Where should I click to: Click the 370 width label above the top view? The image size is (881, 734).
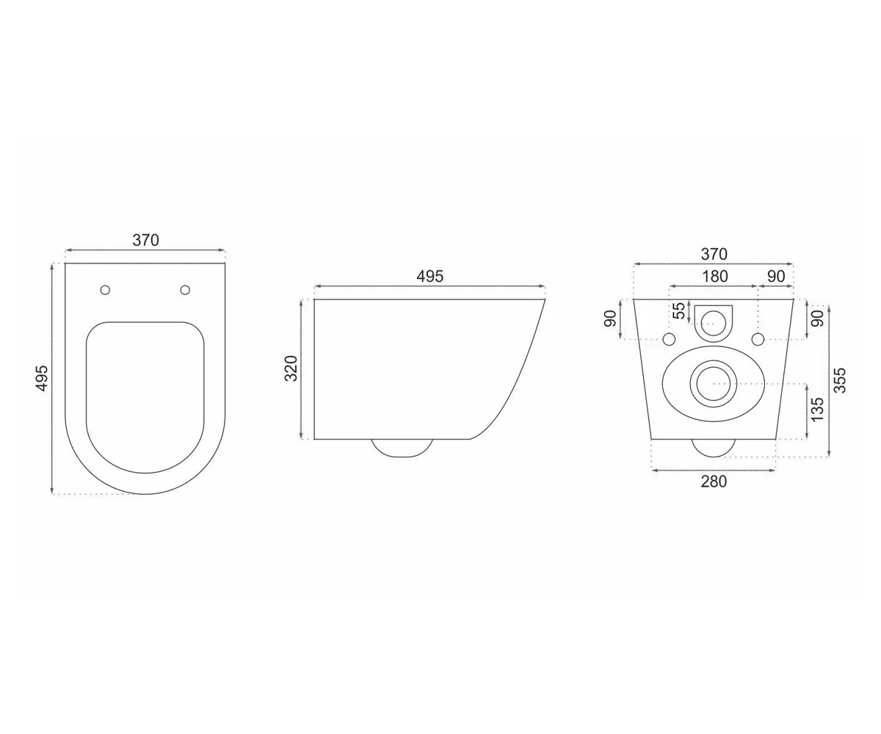(x=145, y=240)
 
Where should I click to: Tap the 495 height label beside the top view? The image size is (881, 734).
(x=43, y=379)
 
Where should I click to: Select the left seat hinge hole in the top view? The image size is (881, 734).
(x=106, y=290)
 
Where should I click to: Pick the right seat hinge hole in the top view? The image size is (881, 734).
(x=185, y=290)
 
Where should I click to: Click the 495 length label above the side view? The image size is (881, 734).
(x=430, y=276)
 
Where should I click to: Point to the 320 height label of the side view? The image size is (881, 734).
(x=291, y=368)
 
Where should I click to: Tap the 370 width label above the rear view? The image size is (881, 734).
(x=714, y=254)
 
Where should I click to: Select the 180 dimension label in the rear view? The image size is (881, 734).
(x=715, y=276)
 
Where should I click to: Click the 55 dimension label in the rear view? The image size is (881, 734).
(x=679, y=311)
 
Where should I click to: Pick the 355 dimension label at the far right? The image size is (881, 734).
(x=840, y=380)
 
